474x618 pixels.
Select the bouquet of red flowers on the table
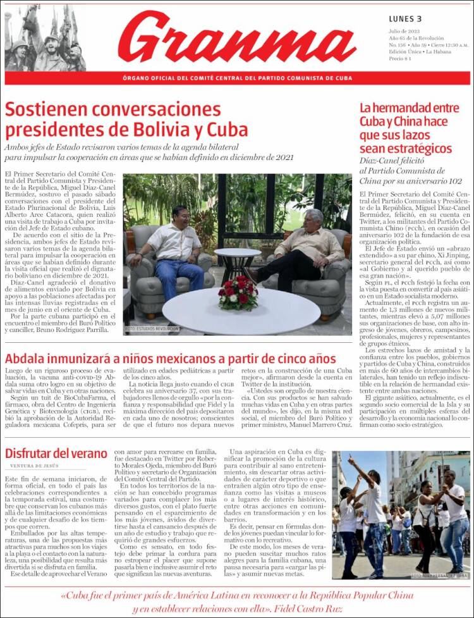[238, 293]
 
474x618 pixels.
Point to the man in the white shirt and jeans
[173, 250]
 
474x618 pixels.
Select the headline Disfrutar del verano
[56, 454]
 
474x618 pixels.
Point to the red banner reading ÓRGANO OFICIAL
[237, 78]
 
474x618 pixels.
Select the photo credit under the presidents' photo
[152, 329]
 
